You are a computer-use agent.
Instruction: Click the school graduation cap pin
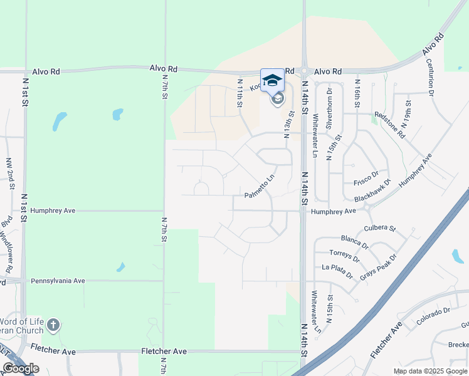(x=272, y=80)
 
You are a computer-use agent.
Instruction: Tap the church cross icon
(x=53, y=325)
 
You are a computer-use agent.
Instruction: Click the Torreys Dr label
(x=344, y=256)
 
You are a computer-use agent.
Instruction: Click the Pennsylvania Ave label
(x=58, y=281)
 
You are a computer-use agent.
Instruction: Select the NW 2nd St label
(x=11, y=174)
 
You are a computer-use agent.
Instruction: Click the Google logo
(x=21, y=368)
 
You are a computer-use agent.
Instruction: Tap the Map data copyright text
(x=429, y=371)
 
